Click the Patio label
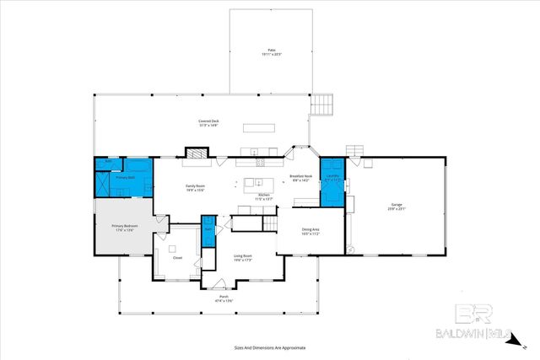pos(270,52)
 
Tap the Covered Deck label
pos(208,123)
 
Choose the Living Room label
pos(244,259)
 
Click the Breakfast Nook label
pos(301,178)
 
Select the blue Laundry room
pos(332,181)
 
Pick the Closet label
pos(177,258)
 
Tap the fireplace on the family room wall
pos(196,153)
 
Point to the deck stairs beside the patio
pos(323,105)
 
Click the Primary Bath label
pos(126,178)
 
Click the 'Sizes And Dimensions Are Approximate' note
pos(269,347)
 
